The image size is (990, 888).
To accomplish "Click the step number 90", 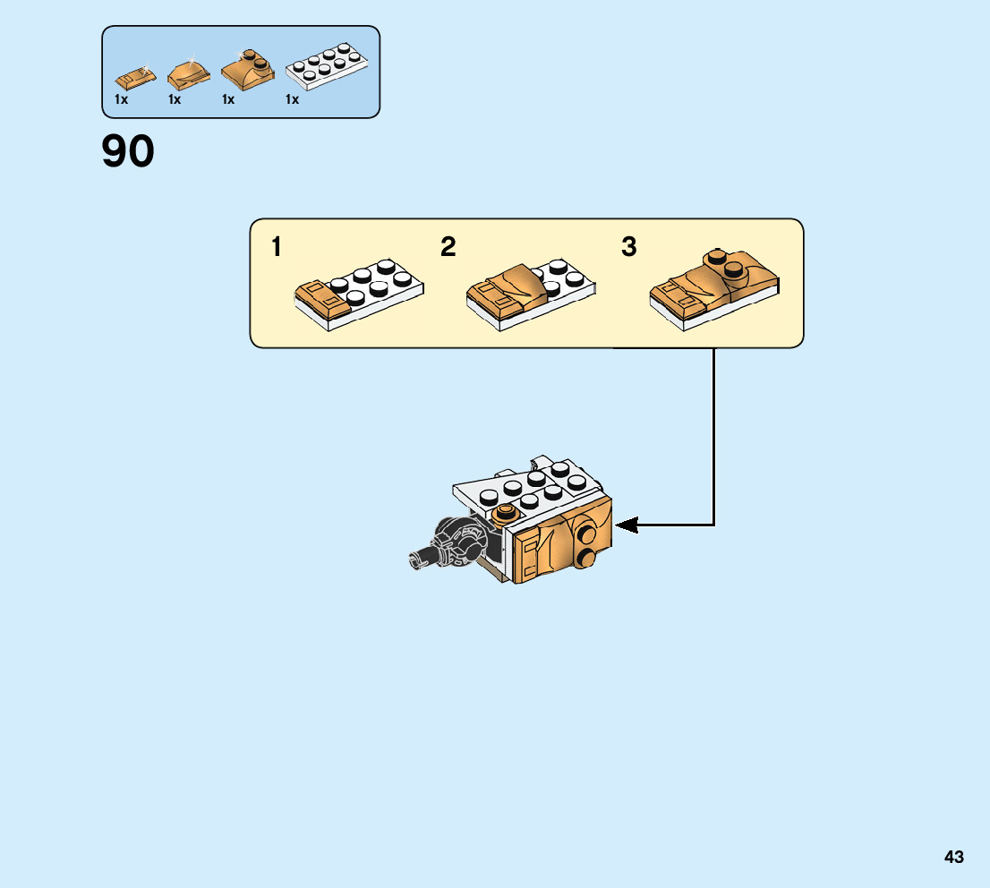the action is coord(128,151).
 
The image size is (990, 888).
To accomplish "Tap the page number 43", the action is coord(953,857).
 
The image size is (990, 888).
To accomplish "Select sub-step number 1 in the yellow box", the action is coord(277,246).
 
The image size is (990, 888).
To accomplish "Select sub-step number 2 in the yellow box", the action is coord(448,246).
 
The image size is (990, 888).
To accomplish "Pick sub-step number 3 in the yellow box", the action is coord(628,246).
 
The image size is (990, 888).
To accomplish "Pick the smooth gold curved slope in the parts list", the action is coord(187,74).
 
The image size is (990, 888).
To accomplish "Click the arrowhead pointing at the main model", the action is coord(626,525).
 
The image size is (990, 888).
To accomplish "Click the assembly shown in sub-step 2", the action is coord(531,294).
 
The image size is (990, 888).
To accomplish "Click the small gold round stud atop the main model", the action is coord(506,513).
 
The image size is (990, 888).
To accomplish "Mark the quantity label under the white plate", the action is coord(292,100).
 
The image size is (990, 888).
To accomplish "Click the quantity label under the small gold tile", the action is coord(122,100).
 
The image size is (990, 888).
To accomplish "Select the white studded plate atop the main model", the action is coord(528,490).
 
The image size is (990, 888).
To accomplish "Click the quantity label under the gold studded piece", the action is coord(228,100).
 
